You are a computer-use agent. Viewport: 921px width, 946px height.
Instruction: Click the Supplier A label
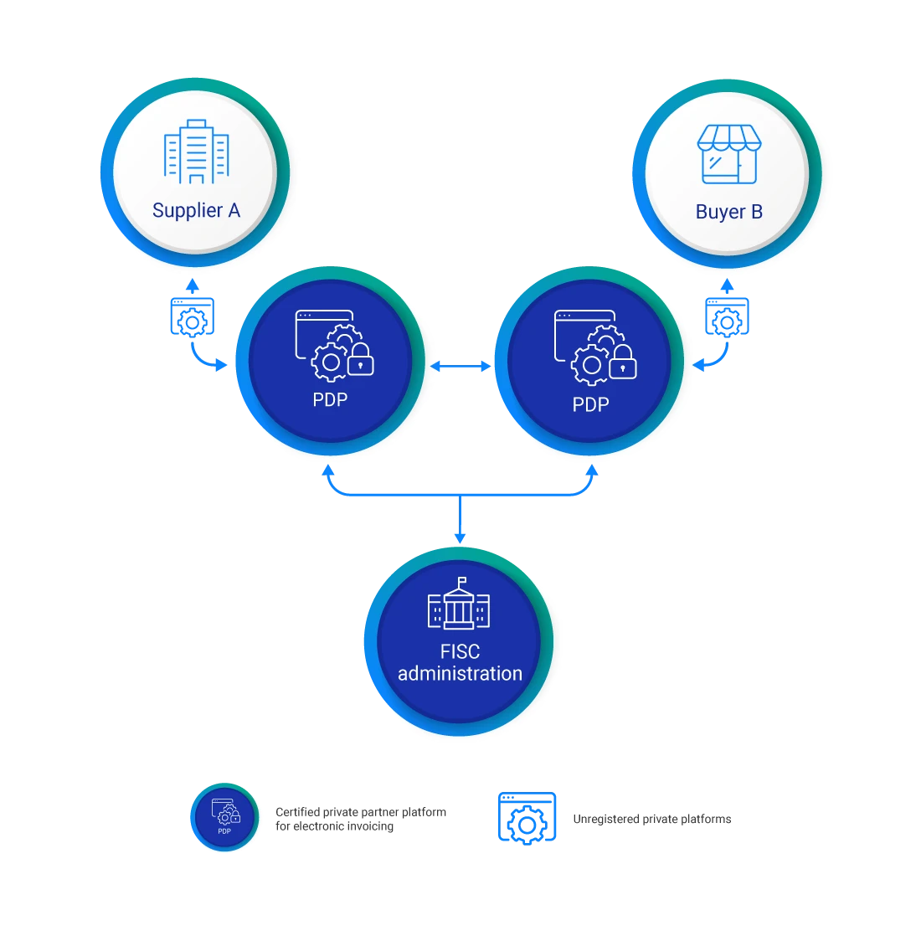(196, 210)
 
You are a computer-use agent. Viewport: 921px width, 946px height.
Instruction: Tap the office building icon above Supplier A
(196, 152)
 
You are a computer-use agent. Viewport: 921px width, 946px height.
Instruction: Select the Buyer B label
(728, 212)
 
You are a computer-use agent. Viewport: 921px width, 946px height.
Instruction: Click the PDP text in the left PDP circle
(330, 400)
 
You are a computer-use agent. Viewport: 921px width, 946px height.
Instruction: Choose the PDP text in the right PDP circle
(590, 404)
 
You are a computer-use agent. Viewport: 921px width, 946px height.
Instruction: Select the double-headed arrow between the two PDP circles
(460, 366)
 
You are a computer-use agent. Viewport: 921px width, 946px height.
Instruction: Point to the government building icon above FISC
(459, 604)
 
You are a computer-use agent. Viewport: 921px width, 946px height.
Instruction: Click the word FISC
(460, 651)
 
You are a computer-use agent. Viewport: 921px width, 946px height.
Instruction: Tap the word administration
(460, 674)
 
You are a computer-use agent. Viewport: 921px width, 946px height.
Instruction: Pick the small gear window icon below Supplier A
(192, 316)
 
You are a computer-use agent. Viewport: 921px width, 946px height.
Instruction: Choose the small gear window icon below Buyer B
(727, 316)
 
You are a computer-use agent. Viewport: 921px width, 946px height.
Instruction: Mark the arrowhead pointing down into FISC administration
(459, 537)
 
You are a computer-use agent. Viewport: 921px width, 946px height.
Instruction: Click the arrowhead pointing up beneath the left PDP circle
(328, 470)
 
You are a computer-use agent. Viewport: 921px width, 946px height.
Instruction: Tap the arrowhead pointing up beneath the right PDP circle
(592, 470)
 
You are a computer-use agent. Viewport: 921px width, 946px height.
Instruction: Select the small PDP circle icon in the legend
(224, 816)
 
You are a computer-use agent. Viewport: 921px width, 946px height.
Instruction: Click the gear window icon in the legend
(527, 818)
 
